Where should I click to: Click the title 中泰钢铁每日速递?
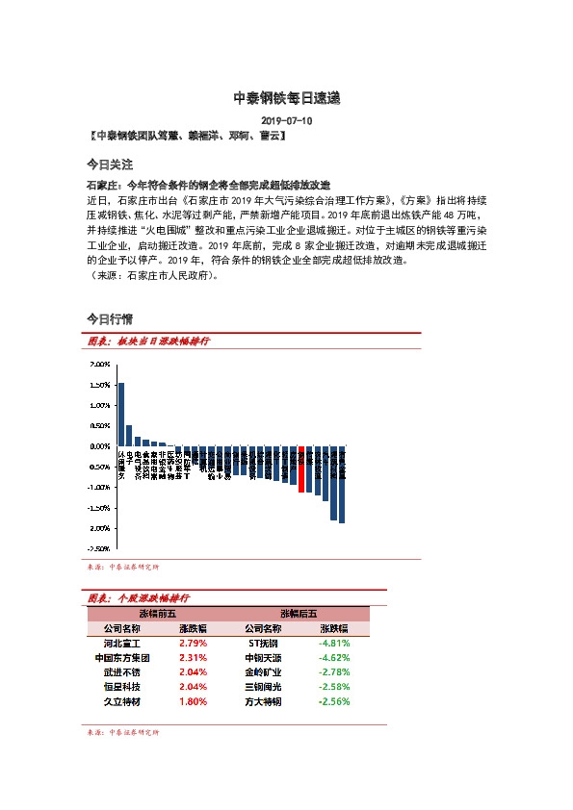tap(286, 98)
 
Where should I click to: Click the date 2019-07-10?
tap(286, 121)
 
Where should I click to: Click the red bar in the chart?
tap(301, 469)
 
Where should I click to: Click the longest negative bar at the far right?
tap(342, 485)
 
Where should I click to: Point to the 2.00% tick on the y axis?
tap(99, 365)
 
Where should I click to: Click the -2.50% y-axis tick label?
tap(98, 548)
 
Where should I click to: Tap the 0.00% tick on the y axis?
tap(99, 446)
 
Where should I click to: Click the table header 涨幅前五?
tap(158, 613)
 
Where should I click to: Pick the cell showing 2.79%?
tap(193, 643)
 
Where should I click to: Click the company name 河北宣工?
tap(122, 643)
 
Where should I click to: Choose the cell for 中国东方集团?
tap(122, 658)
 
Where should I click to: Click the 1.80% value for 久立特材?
tap(193, 702)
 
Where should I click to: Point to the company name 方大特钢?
tap(263, 702)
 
